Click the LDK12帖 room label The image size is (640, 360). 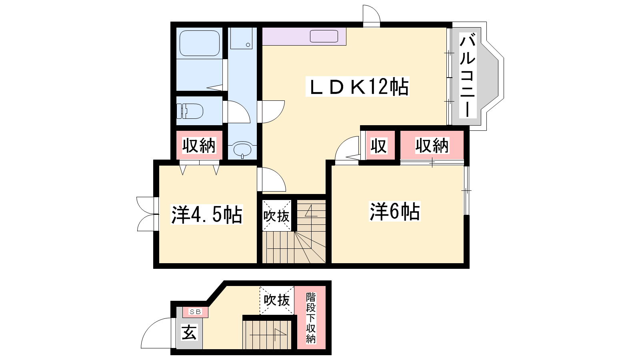coord(358,86)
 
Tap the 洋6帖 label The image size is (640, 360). coord(395,212)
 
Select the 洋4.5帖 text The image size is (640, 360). coord(206,214)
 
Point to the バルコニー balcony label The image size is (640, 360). coord(468,76)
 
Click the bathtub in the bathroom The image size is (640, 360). coord(200,43)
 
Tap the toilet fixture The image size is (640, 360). coord(190,111)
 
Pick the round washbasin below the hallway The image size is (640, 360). coord(242,150)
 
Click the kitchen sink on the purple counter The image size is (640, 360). coord(324,36)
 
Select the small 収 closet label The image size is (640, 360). coord(379,146)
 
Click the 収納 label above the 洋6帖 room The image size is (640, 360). coord(432,146)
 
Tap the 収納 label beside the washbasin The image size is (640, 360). coord(199,146)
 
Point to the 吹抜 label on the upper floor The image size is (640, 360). coord(276,216)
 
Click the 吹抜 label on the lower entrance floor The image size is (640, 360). coord(276,300)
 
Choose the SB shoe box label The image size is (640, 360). coord(196,312)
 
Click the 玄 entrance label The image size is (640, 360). coord(190,332)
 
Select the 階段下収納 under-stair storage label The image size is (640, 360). coord(311,318)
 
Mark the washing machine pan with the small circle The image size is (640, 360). coord(242,38)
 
